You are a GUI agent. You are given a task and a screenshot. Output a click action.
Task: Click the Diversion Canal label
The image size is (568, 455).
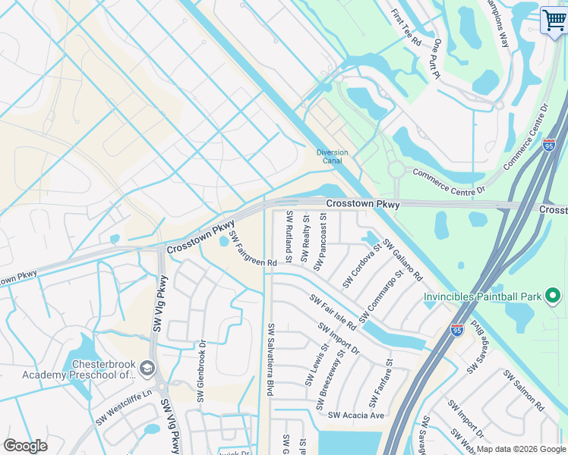pyautogui.click(x=332, y=157)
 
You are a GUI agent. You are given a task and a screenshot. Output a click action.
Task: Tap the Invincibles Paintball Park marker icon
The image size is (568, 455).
pyautogui.click(x=554, y=296)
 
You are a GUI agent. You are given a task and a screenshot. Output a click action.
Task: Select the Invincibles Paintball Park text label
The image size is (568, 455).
pyautogui.click(x=483, y=297)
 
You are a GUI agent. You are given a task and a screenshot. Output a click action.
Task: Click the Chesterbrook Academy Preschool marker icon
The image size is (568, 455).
pyautogui.click(x=147, y=369)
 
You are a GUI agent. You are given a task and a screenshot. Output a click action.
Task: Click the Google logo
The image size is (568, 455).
pyautogui.click(x=25, y=446)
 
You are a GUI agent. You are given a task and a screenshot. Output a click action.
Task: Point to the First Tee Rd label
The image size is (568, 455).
pyautogui.click(x=406, y=27)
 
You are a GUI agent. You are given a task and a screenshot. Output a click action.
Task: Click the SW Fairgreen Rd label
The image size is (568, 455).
pyautogui.click(x=253, y=249)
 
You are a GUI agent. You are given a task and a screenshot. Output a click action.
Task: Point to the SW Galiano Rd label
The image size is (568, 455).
pyautogui.click(x=402, y=260)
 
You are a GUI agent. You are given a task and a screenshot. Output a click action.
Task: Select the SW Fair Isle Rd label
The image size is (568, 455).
pyautogui.click(x=333, y=312)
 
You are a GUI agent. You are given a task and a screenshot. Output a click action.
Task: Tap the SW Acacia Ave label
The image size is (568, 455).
pyautogui.click(x=356, y=415)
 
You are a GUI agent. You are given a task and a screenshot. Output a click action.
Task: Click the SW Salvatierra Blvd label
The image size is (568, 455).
pyautogui.click(x=269, y=359)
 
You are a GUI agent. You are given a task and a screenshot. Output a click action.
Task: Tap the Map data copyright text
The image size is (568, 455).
pyautogui.click(x=521, y=449)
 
